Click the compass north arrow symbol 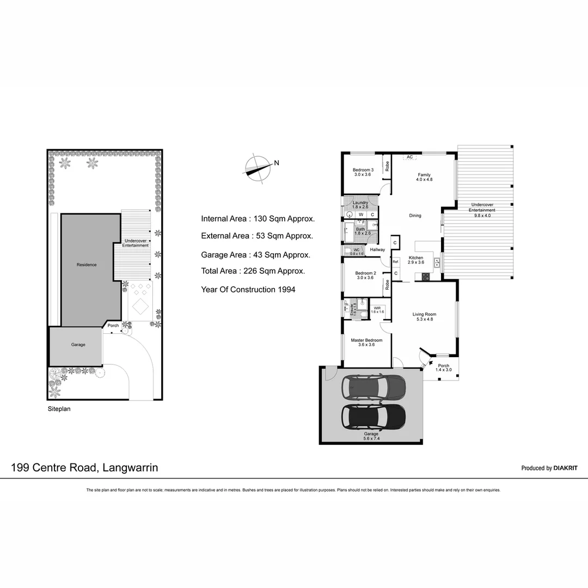tap(257, 167)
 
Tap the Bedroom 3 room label tap(363, 170)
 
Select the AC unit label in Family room tap(409, 157)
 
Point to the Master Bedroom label tap(366, 340)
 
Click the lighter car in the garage tap(373, 387)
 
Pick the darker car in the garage tap(373, 416)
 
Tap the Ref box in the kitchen tap(396, 262)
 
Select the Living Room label tap(424, 314)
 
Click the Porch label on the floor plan tap(444, 366)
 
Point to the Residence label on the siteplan tap(87, 265)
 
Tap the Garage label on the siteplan tap(78, 345)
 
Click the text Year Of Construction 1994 tap(248, 290)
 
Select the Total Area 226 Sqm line tap(253, 271)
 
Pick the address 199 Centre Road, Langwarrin tap(85, 467)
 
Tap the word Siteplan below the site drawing tap(59, 407)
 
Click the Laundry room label tap(360, 203)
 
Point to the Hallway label tap(377, 250)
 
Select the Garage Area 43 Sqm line tap(255, 254)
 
